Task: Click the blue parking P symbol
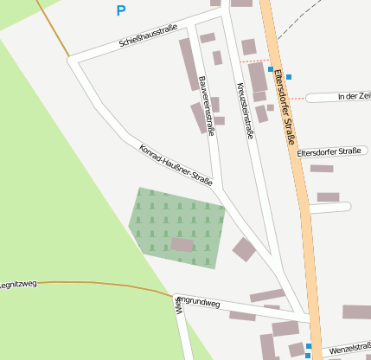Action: (120, 11)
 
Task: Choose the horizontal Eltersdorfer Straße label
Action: (329, 151)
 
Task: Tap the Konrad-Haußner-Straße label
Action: (176, 164)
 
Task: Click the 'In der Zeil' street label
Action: (354, 96)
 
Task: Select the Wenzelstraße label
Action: (349, 347)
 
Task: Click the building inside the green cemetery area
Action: (182, 245)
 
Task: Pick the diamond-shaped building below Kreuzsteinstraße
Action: (245, 249)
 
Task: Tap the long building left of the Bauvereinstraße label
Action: (189, 64)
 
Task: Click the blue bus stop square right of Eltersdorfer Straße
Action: (289, 77)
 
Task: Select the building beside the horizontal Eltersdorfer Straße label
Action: (322, 169)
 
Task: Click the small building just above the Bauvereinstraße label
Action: (208, 38)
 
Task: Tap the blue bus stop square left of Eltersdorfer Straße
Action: (271, 69)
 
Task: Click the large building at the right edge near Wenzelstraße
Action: (356, 312)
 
